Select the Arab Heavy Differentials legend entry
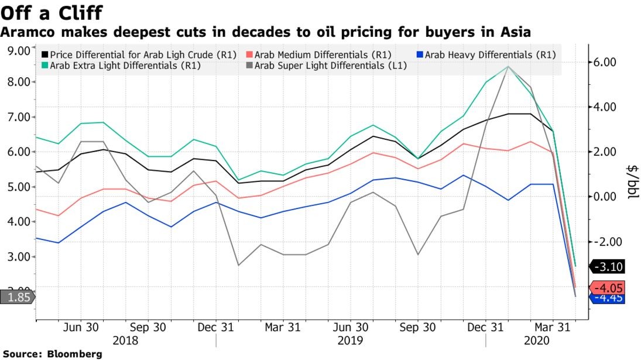(488, 55)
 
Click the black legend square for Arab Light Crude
(44, 55)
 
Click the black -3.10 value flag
(608, 267)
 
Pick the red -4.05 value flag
(608, 288)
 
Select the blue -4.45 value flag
(608, 299)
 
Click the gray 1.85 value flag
(17, 297)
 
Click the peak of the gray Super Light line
(507, 66)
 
